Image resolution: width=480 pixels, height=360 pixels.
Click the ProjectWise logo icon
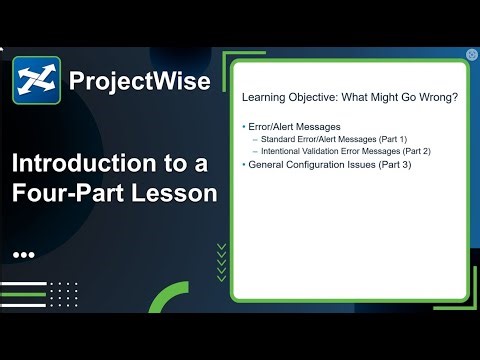36,81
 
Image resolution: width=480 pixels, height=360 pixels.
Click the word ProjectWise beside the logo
140,81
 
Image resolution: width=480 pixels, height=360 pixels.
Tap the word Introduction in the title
84,163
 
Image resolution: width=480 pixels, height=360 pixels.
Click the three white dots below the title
24,255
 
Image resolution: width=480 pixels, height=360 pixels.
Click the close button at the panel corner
471,54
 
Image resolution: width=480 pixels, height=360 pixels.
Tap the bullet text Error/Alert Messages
294,127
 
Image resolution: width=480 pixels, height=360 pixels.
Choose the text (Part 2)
438,151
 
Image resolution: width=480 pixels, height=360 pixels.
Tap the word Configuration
317,163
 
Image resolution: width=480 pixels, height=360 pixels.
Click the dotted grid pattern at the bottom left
63,294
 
